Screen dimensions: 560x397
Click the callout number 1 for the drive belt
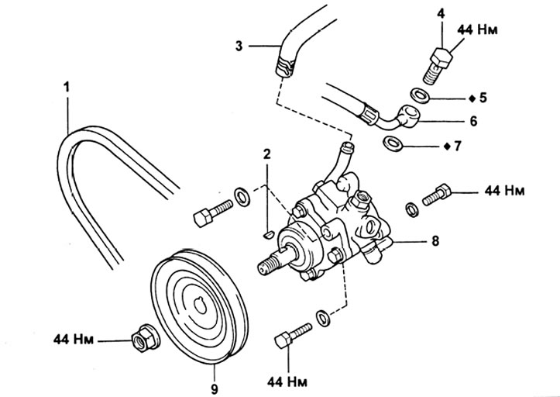pyautogui.click(x=67, y=87)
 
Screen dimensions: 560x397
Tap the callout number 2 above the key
pyautogui.click(x=266, y=154)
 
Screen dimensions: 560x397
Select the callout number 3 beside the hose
pyautogui.click(x=239, y=47)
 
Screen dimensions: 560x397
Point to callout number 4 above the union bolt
pyautogui.click(x=441, y=14)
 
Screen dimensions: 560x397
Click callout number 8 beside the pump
pyautogui.click(x=435, y=240)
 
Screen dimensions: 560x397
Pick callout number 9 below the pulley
pyautogui.click(x=215, y=388)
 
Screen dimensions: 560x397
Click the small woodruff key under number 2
pyautogui.click(x=268, y=235)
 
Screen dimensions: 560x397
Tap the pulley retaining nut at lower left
pyautogui.click(x=145, y=337)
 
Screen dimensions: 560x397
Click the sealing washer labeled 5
pyautogui.click(x=420, y=95)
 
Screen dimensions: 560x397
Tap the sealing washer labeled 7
pyautogui.click(x=393, y=143)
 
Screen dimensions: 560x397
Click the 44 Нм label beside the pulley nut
pyautogui.click(x=74, y=339)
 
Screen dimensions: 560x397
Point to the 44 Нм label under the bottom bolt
pyautogui.click(x=287, y=381)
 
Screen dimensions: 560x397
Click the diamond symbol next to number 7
pyautogui.click(x=446, y=147)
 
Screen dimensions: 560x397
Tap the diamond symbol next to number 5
pyautogui.click(x=472, y=98)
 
